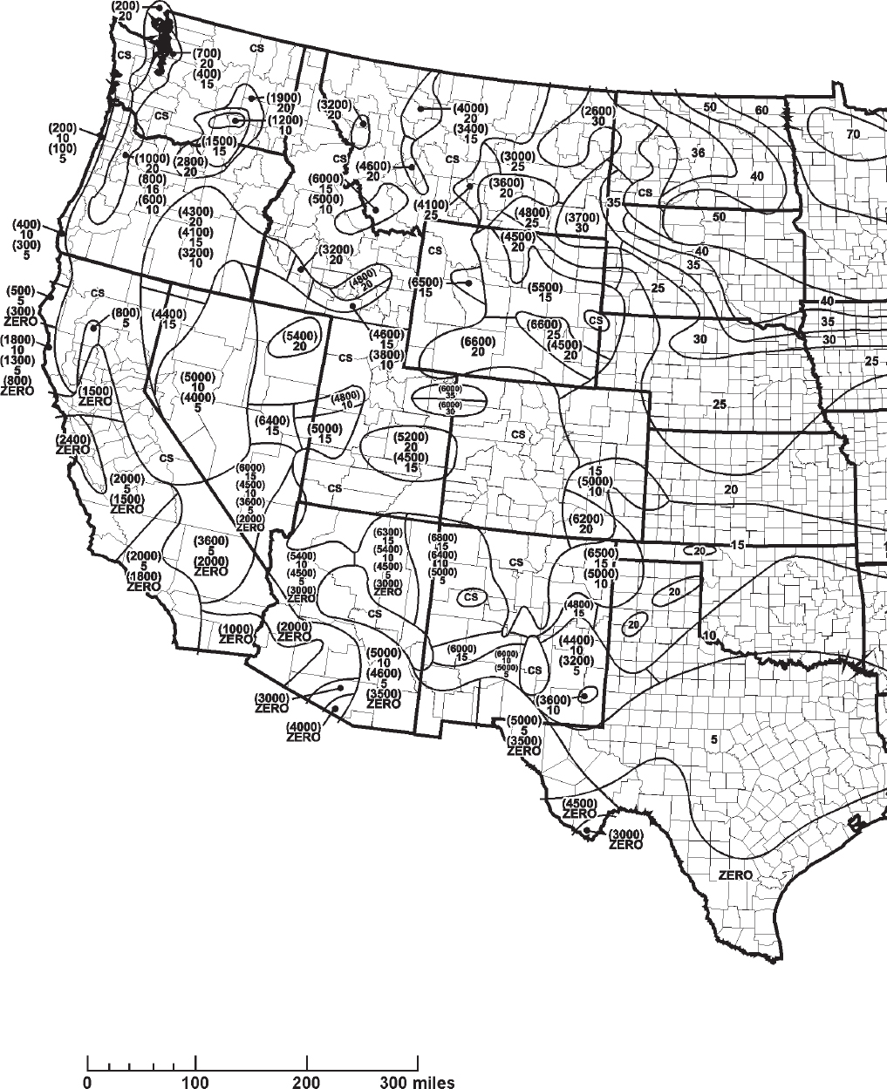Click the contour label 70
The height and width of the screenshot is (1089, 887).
[852, 133]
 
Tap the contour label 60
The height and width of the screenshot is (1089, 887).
[762, 110]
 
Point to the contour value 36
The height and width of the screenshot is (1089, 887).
[698, 153]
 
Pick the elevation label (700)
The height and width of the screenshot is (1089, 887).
[207, 53]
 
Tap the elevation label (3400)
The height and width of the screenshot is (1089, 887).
[470, 127]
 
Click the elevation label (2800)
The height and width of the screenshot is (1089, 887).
[189, 161]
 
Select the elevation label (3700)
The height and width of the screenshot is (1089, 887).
[581, 217]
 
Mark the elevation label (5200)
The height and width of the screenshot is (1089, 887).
[411, 436]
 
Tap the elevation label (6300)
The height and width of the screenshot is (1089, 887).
[388, 532]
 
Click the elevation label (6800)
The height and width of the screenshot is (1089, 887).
[444, 537]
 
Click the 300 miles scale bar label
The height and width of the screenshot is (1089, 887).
[417, 1082]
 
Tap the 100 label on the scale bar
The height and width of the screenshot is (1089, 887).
[195, 1082]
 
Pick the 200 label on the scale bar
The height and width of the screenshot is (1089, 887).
[307, 1082]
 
